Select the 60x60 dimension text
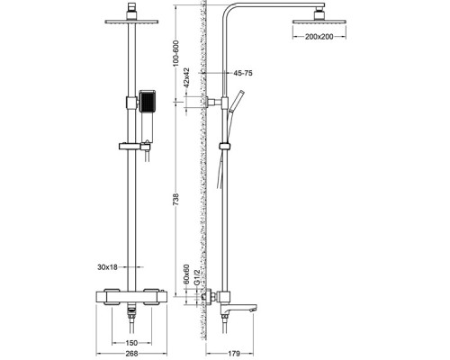point(186,273)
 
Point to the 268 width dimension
point(132,352)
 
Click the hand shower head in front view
point(148,101)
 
